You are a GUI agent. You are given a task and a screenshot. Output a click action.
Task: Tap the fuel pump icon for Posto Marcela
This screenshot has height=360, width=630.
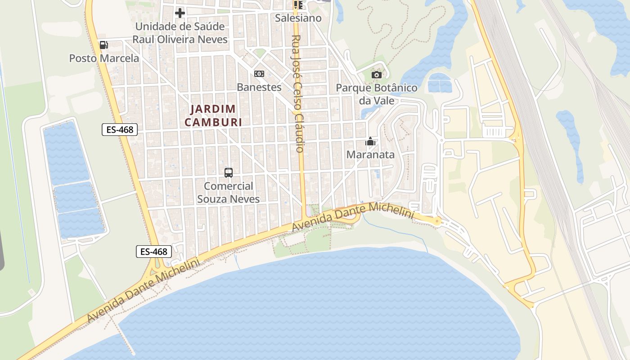tap(103, 45)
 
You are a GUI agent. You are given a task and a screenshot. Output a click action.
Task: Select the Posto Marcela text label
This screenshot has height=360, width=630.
tap(104, 58)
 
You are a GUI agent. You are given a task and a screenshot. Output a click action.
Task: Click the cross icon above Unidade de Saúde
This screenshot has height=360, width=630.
tap(180, 13)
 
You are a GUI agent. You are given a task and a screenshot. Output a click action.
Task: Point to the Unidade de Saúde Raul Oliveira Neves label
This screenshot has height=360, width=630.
tap(180, 33)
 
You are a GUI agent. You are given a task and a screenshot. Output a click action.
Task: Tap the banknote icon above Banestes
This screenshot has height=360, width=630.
tap(259, 73)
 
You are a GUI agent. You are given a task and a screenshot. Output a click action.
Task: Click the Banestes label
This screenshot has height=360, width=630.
tap(259, 87)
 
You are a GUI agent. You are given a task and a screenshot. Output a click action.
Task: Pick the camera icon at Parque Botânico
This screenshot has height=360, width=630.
tap(377, 75)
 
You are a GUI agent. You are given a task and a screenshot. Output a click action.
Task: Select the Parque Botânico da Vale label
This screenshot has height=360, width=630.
tap(377, 94)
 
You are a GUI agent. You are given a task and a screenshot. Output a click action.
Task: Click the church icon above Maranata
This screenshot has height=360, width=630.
tap(370, 142)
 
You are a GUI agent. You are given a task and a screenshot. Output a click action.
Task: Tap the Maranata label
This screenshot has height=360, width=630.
tap(370, 155)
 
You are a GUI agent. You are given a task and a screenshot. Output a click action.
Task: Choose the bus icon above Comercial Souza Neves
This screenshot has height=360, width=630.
tap(229, 172)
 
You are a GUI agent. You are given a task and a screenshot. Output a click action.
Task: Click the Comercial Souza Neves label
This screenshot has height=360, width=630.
tap(229, 192)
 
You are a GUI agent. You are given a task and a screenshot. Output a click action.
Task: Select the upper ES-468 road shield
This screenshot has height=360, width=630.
tap(119, 130)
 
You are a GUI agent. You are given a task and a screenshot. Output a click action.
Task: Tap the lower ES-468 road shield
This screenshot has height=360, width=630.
tap(154, 252)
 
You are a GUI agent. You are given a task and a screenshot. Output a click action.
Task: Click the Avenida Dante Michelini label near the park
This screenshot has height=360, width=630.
tap(353, 217)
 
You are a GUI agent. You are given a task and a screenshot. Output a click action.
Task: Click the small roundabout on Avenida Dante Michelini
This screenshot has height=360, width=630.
tap(437, 220)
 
